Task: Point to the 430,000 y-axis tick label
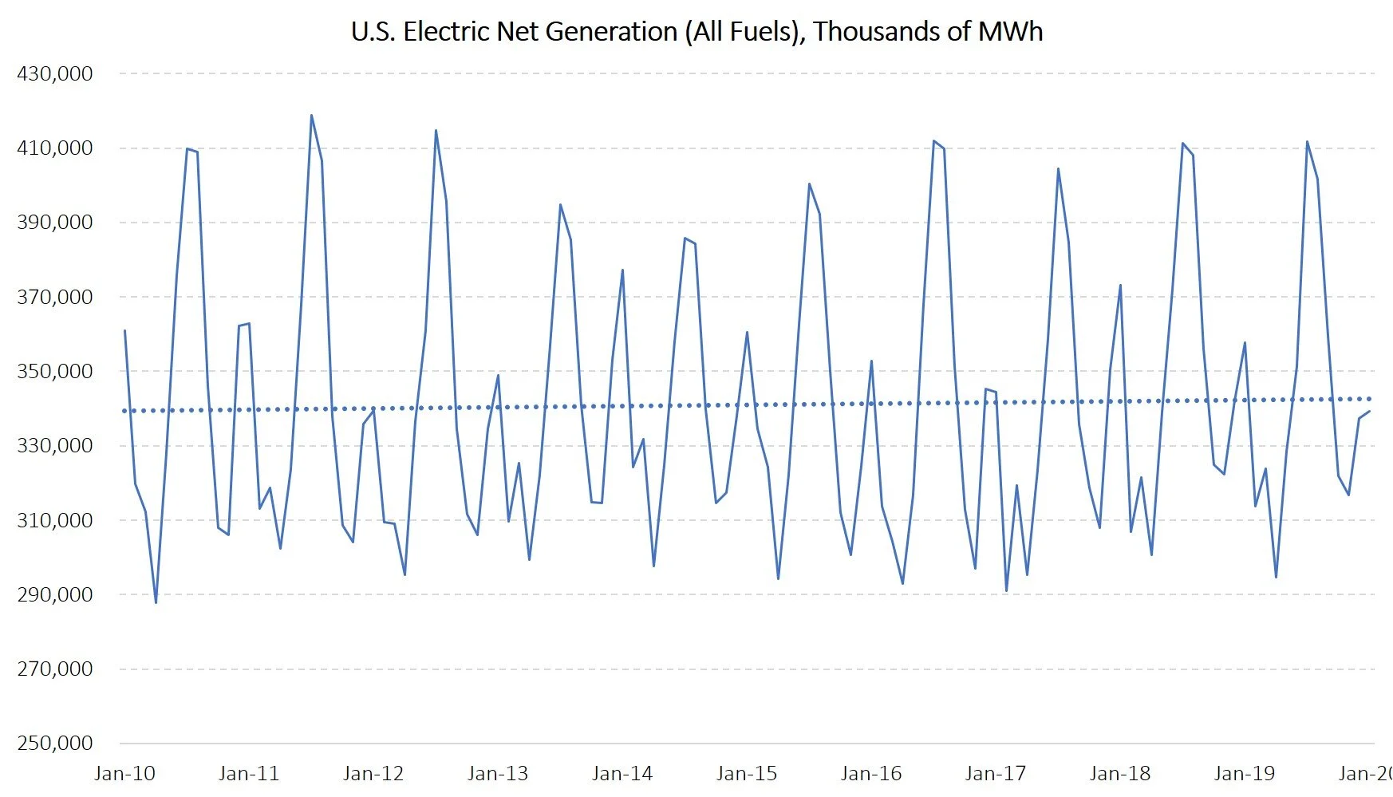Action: [55, 73]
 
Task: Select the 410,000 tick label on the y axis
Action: [55, 148]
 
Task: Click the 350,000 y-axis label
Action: [55, 371]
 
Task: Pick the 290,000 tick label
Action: [55, 594]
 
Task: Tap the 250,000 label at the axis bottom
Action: [55, 743]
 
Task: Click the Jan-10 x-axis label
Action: [124, 773]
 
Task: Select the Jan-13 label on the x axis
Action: [498, 773]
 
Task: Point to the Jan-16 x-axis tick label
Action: [871, 773]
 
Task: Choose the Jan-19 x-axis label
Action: [1245, 773]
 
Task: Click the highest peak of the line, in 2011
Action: [311, 115]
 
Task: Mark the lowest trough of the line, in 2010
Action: [156, 602]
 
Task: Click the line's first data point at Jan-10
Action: [124, 330]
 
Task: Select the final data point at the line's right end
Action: [1370, 412]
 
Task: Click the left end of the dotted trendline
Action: [124, 411]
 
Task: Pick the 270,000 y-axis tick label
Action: [55, 669]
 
